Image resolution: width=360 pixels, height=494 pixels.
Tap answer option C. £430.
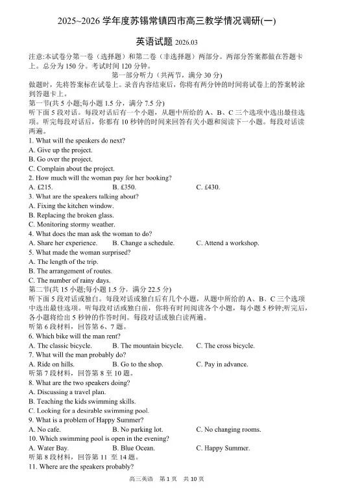[x=208, y=187]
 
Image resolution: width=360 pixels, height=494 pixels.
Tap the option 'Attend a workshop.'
[x=228, y=243]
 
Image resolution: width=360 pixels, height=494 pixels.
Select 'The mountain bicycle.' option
[x=148, y=346]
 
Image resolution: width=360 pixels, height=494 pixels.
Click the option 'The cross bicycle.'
[x=225, y=346]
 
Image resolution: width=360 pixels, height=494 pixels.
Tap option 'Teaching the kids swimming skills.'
[x=82, y=401]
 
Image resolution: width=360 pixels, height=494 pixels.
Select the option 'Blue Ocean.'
[x=134, y=448]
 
